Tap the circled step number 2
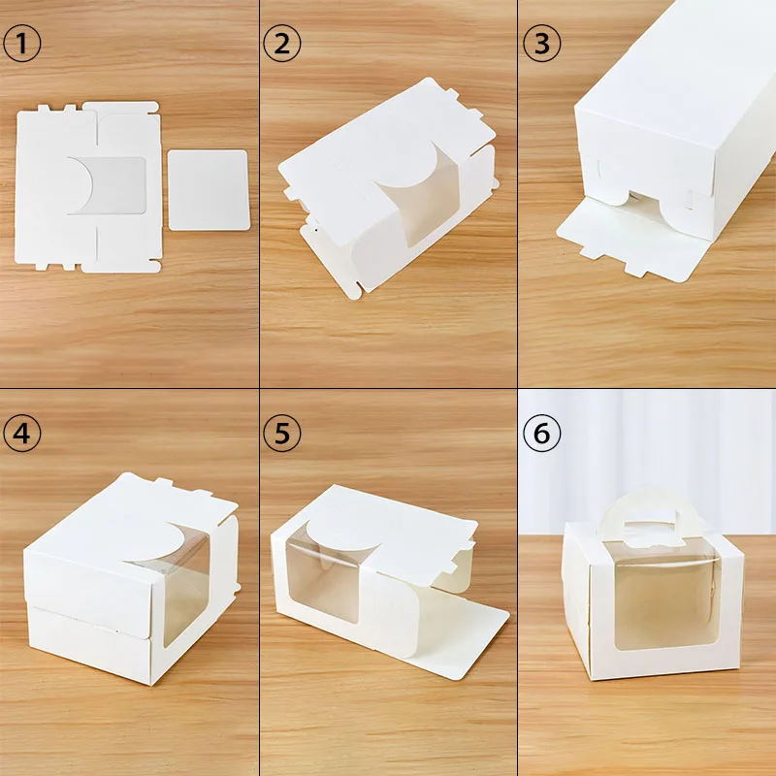[280, 45]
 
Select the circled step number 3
[540, 45]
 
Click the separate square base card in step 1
[209, 189]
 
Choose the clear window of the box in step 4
[184, 592]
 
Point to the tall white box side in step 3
[669, 116]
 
